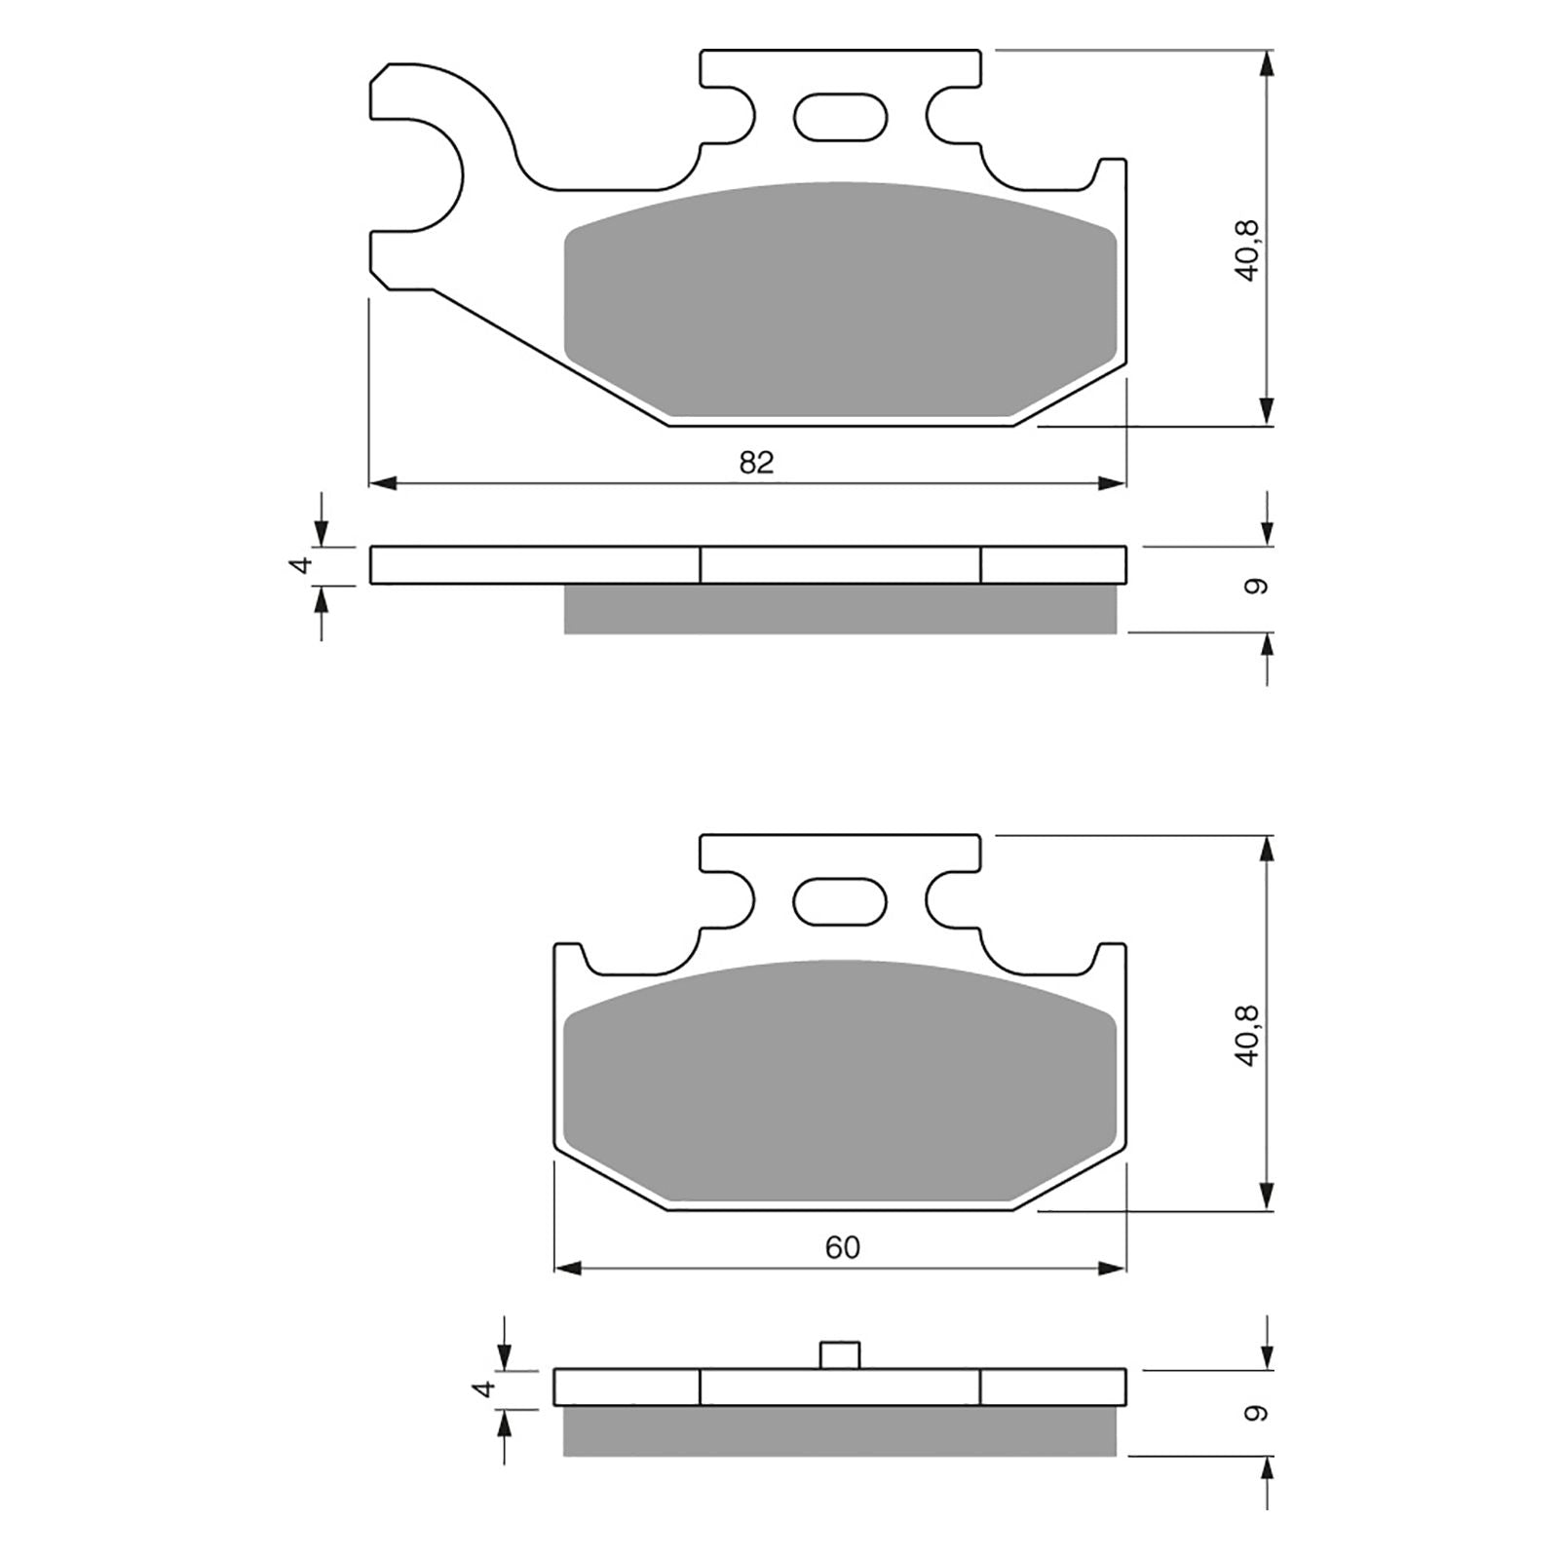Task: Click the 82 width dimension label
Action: point(756,463)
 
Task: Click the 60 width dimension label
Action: point(843,1248)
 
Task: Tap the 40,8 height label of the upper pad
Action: point(1248,251)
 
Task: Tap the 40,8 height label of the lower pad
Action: point(1248,1036)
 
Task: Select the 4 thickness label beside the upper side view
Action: point(303,564)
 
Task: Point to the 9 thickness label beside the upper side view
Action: point(1256,588)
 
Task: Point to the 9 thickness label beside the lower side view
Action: point(1256,1413)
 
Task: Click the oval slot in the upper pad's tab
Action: point(841,117)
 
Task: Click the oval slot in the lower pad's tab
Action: point(841,901)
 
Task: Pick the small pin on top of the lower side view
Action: point(839,1355)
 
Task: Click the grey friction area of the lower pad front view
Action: point(840,1082)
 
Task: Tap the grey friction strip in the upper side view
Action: point(840,609)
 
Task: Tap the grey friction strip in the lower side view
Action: point(840,1432)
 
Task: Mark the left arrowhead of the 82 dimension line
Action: point(382,481)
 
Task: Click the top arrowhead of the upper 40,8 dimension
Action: point(1266,64)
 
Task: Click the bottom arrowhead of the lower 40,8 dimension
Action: point(1266,1197)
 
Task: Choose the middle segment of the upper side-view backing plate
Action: point(840,565)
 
